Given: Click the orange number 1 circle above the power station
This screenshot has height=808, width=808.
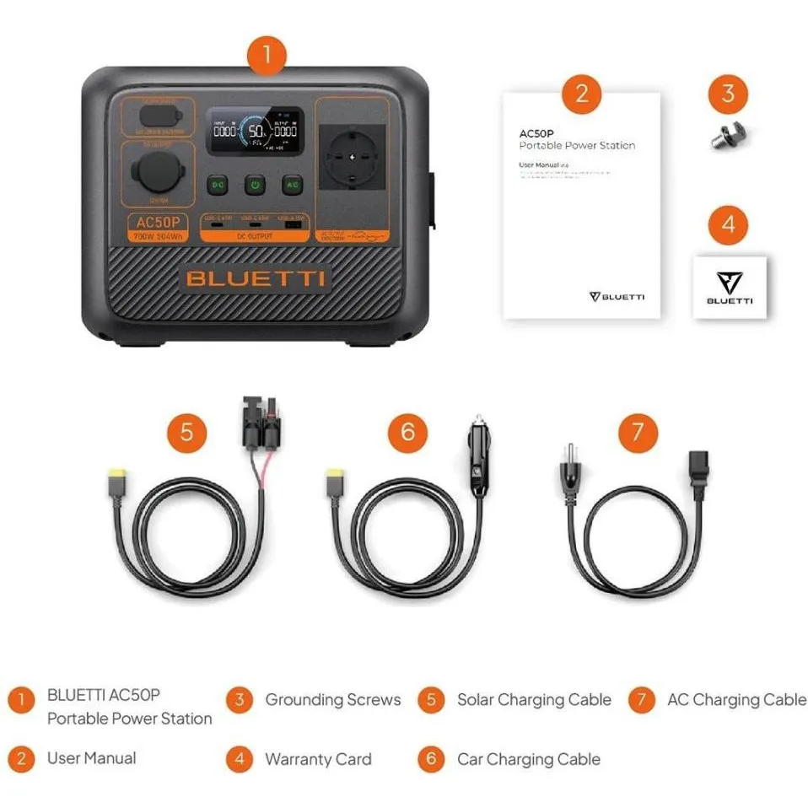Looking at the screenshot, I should coord(267,56).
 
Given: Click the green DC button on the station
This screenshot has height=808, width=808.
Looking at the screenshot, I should coord(218,184).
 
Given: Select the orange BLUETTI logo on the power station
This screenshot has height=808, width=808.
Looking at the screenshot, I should coord(256,279).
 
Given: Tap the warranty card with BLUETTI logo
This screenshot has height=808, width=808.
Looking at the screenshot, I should coord(730,287).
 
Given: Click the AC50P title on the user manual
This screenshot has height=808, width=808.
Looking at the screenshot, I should coord(536,133).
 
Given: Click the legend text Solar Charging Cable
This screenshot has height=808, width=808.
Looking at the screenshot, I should coord(534,700).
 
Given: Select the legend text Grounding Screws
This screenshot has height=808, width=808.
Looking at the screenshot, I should coord(333,700).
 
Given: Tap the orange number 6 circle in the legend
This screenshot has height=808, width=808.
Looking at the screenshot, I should coord(431,759).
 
